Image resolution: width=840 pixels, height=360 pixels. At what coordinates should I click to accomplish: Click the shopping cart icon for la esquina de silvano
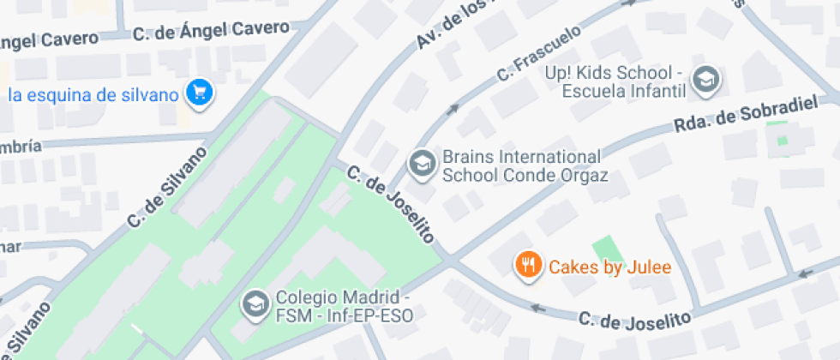click(x=201, y=93)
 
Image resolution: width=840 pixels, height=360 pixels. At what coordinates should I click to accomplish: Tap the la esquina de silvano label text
click(x=94, y=94)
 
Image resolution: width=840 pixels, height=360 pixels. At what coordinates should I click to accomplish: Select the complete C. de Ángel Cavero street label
click(x=211, y=32)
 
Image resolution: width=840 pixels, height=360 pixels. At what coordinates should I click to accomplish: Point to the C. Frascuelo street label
click(x=538, y=54)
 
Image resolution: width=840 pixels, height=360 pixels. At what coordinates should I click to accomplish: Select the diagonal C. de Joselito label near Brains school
click(x=391, y=204)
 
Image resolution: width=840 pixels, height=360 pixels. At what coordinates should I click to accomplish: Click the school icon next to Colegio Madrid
click(x=254, y=303)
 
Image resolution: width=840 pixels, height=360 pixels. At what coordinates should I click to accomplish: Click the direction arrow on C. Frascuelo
click(x=452, y=109)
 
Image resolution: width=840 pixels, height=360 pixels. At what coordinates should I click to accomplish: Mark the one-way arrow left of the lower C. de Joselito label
click(x=538, y=307)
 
